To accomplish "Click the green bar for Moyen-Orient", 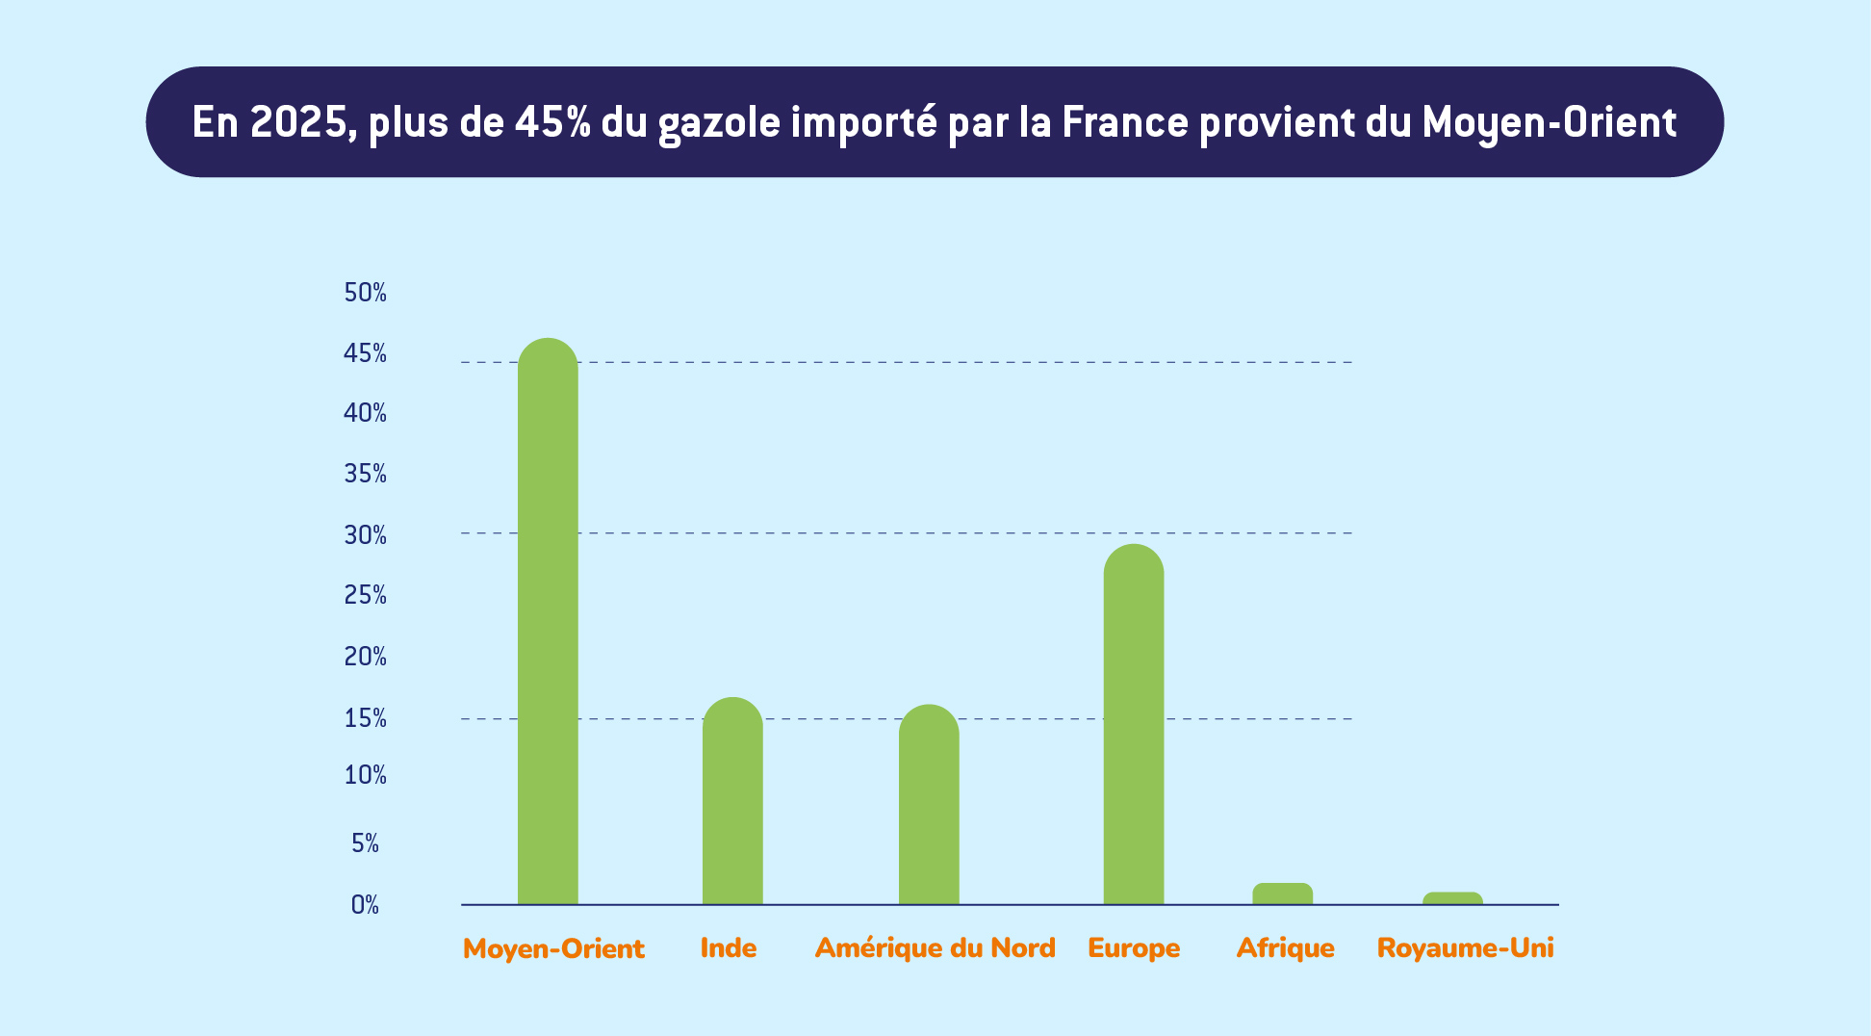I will pos(548,626).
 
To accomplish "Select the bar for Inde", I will pos(732,804).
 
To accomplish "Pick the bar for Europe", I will pos(1133,727).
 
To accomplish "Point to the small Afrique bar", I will pos(1282,894).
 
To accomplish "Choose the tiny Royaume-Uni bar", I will pos(1452,898).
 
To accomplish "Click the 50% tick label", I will pos(365,293).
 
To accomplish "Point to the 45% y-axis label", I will pos(365,354).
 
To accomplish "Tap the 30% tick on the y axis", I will pos(365,535).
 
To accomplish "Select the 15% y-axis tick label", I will pos(365,719).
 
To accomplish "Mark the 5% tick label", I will pos(365,844).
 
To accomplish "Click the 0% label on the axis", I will pos(365,905).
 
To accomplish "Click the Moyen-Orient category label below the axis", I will pos(553,949).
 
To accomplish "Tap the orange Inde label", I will pos(729,948).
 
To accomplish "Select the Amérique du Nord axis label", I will pos(935,948).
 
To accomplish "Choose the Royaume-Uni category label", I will pos(1465,948).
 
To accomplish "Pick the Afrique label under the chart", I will pos(1285,948).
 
